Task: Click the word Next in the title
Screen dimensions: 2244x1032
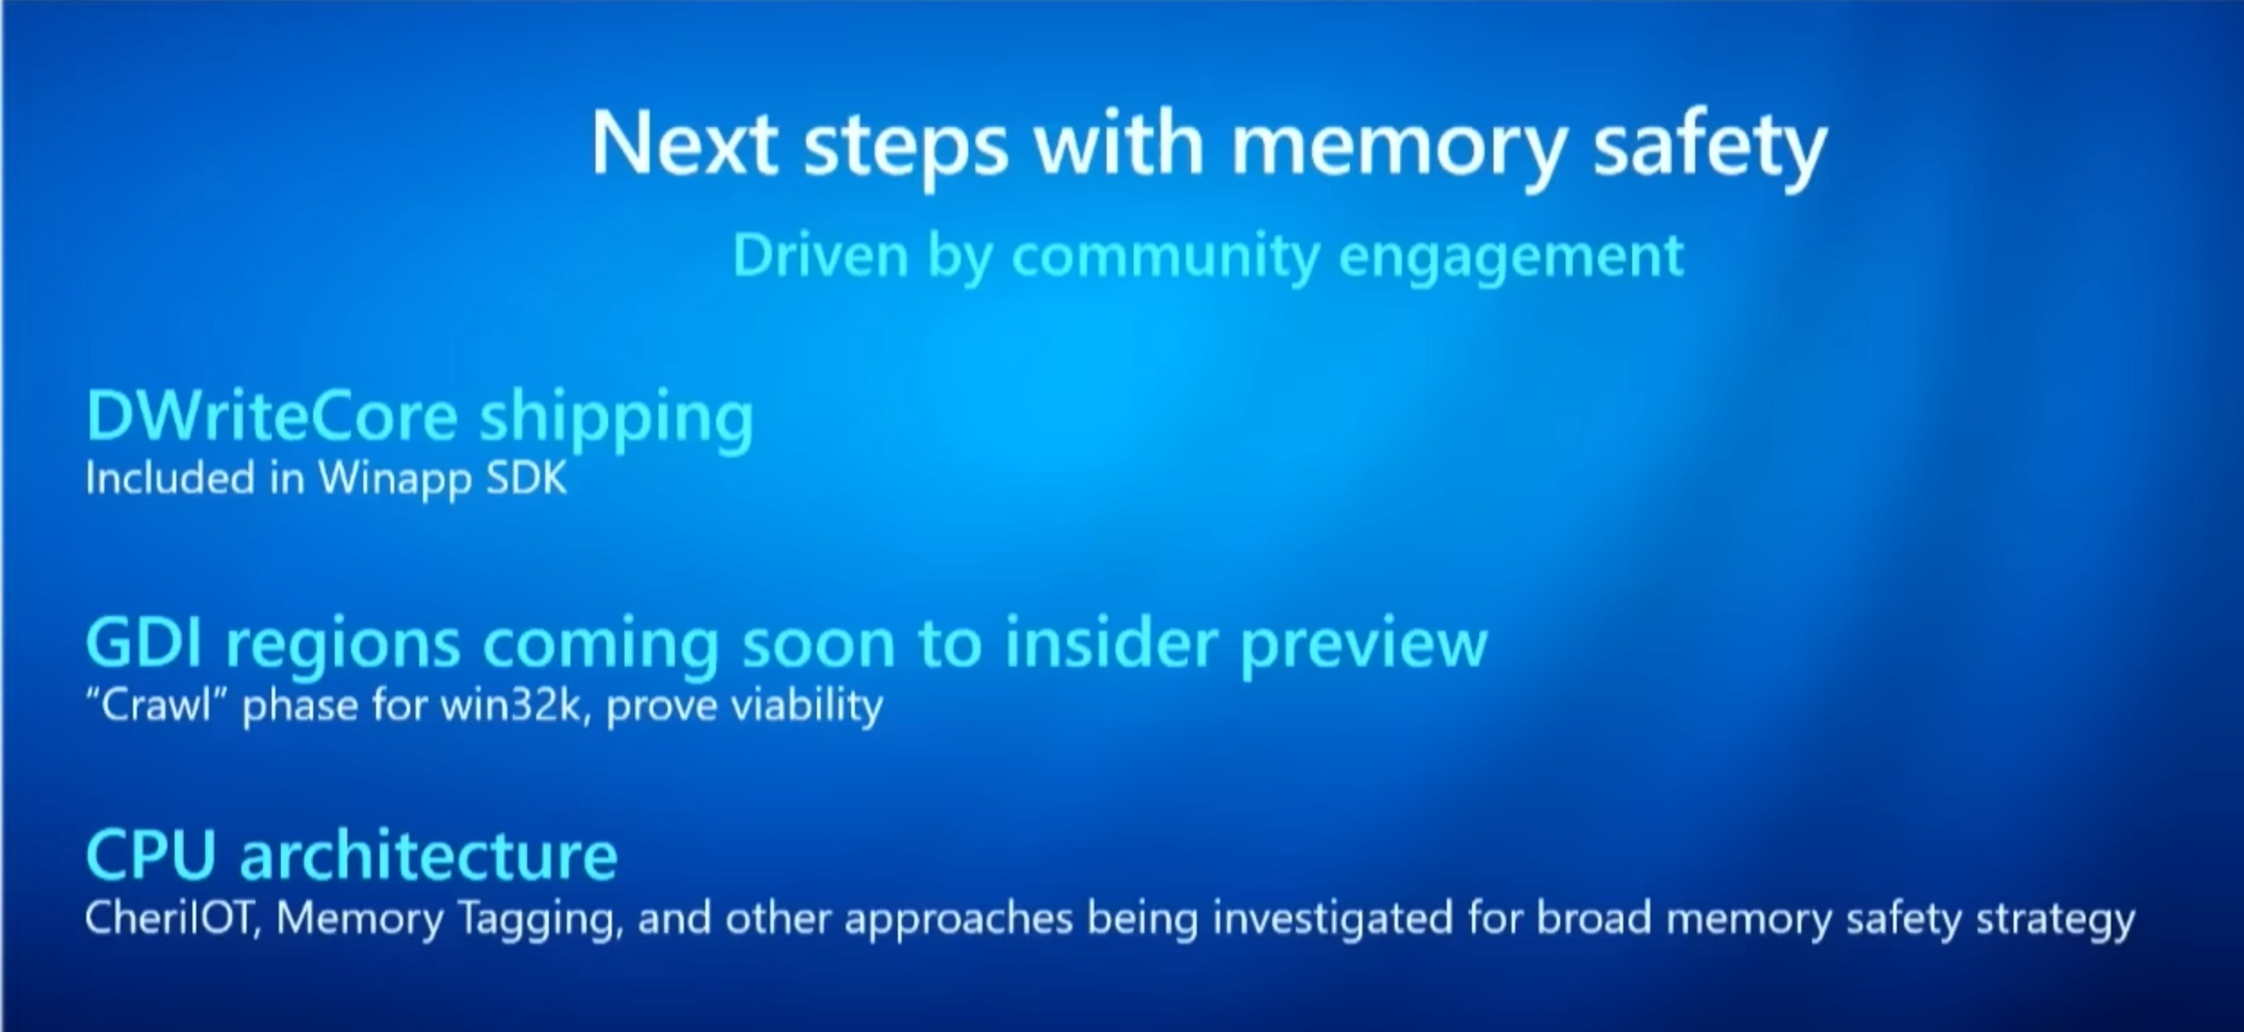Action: coord(685,144)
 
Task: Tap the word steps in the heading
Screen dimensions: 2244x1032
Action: coord(905,151)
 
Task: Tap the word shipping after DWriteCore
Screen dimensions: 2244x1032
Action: coord(616,421)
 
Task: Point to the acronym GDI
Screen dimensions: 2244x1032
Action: coord(147,642)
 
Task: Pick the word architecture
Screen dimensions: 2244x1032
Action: coord(428,855)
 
